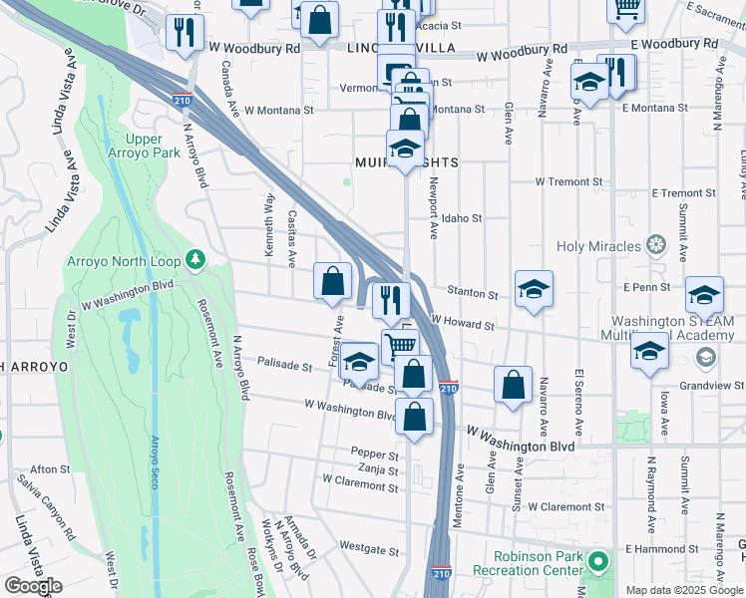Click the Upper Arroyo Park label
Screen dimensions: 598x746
point(153,146)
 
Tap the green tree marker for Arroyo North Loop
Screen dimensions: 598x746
point(195,261)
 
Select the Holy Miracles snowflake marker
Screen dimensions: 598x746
point(655,245)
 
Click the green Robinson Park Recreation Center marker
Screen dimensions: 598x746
point(597,564)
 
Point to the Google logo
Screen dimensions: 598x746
point(33,586)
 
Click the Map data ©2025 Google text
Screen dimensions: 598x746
point(684,590)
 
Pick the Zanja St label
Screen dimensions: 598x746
point(379,469)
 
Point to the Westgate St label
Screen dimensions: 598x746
point(369,548)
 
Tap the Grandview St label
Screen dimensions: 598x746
point(710,385)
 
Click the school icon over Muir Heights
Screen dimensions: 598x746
point(405,150)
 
